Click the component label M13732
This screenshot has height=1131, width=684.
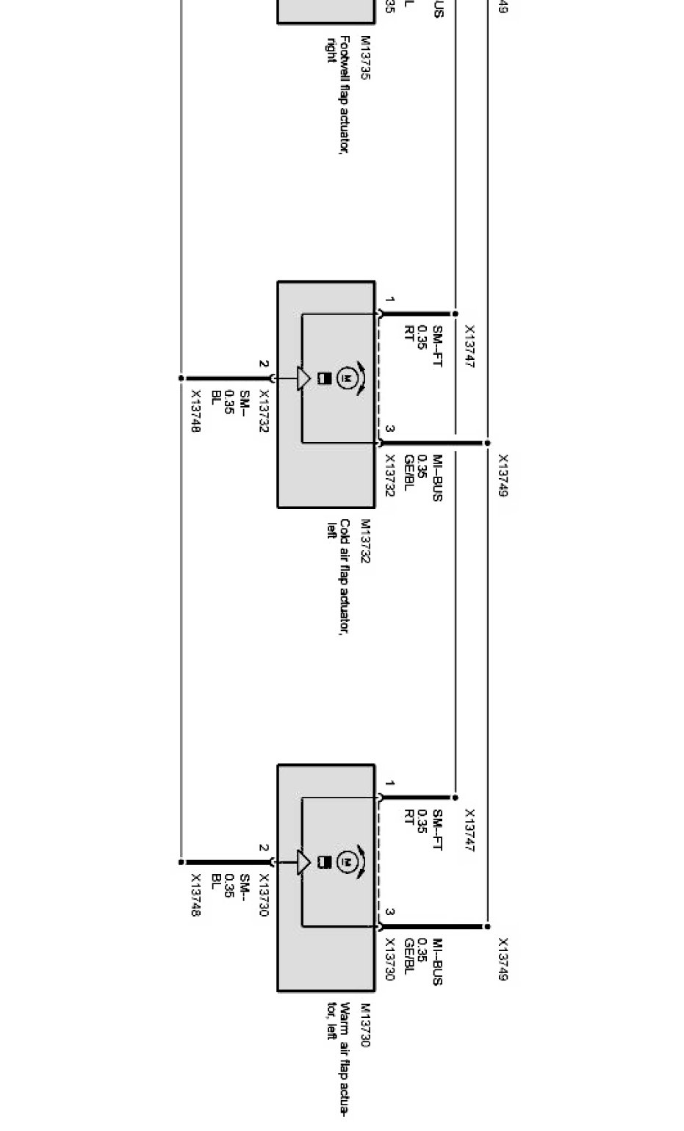click(x=365, y=541)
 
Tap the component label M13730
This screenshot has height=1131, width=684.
click(x=365, y=1025)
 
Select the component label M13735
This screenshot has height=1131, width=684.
click(x=365, y=58)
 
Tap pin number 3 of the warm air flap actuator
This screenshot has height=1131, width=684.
click(x=390, y=912)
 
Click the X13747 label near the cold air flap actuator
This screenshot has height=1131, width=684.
click(x=469, y=347)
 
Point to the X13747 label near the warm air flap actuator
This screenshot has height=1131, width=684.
click(x=469, y=831)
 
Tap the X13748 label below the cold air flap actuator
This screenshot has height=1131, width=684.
click(x=195, y=411)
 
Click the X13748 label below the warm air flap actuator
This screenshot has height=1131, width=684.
click(x=195, y=895)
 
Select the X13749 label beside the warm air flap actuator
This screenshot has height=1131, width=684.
click(x=503, y=959)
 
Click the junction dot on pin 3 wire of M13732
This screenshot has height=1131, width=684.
click(x=486, y=443)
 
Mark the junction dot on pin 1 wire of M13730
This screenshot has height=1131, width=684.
click(x=455, y=798)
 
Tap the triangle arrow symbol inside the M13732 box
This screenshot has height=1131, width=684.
click(x=303, y=378)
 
